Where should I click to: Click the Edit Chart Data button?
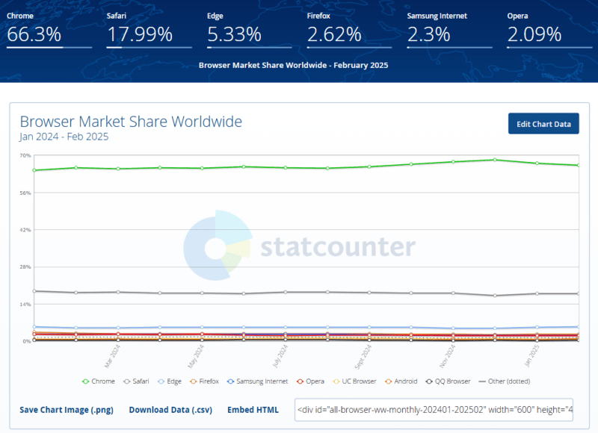click(x=543, y=124)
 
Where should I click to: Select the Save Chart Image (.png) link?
click(x=67, y=410)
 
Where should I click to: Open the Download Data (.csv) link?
click(x=170, y=410)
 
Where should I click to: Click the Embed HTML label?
click(x=253, y=410)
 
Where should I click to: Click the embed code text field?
click(x=434, y=410)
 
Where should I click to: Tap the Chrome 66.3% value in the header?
click(x=35, y=34)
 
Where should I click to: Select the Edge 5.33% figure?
click(x=234, y=34)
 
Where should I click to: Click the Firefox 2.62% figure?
click(x=334, y=34)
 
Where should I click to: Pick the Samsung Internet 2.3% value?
click(x=428, y=34)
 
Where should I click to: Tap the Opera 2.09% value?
click(x=534, y=34)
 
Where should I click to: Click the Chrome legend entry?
click(x=99, y=381)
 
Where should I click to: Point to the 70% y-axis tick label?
click(x=25, y=155)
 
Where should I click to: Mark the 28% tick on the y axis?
click(x=25, y=267)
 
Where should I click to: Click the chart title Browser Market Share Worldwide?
click(x=131, y=122)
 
